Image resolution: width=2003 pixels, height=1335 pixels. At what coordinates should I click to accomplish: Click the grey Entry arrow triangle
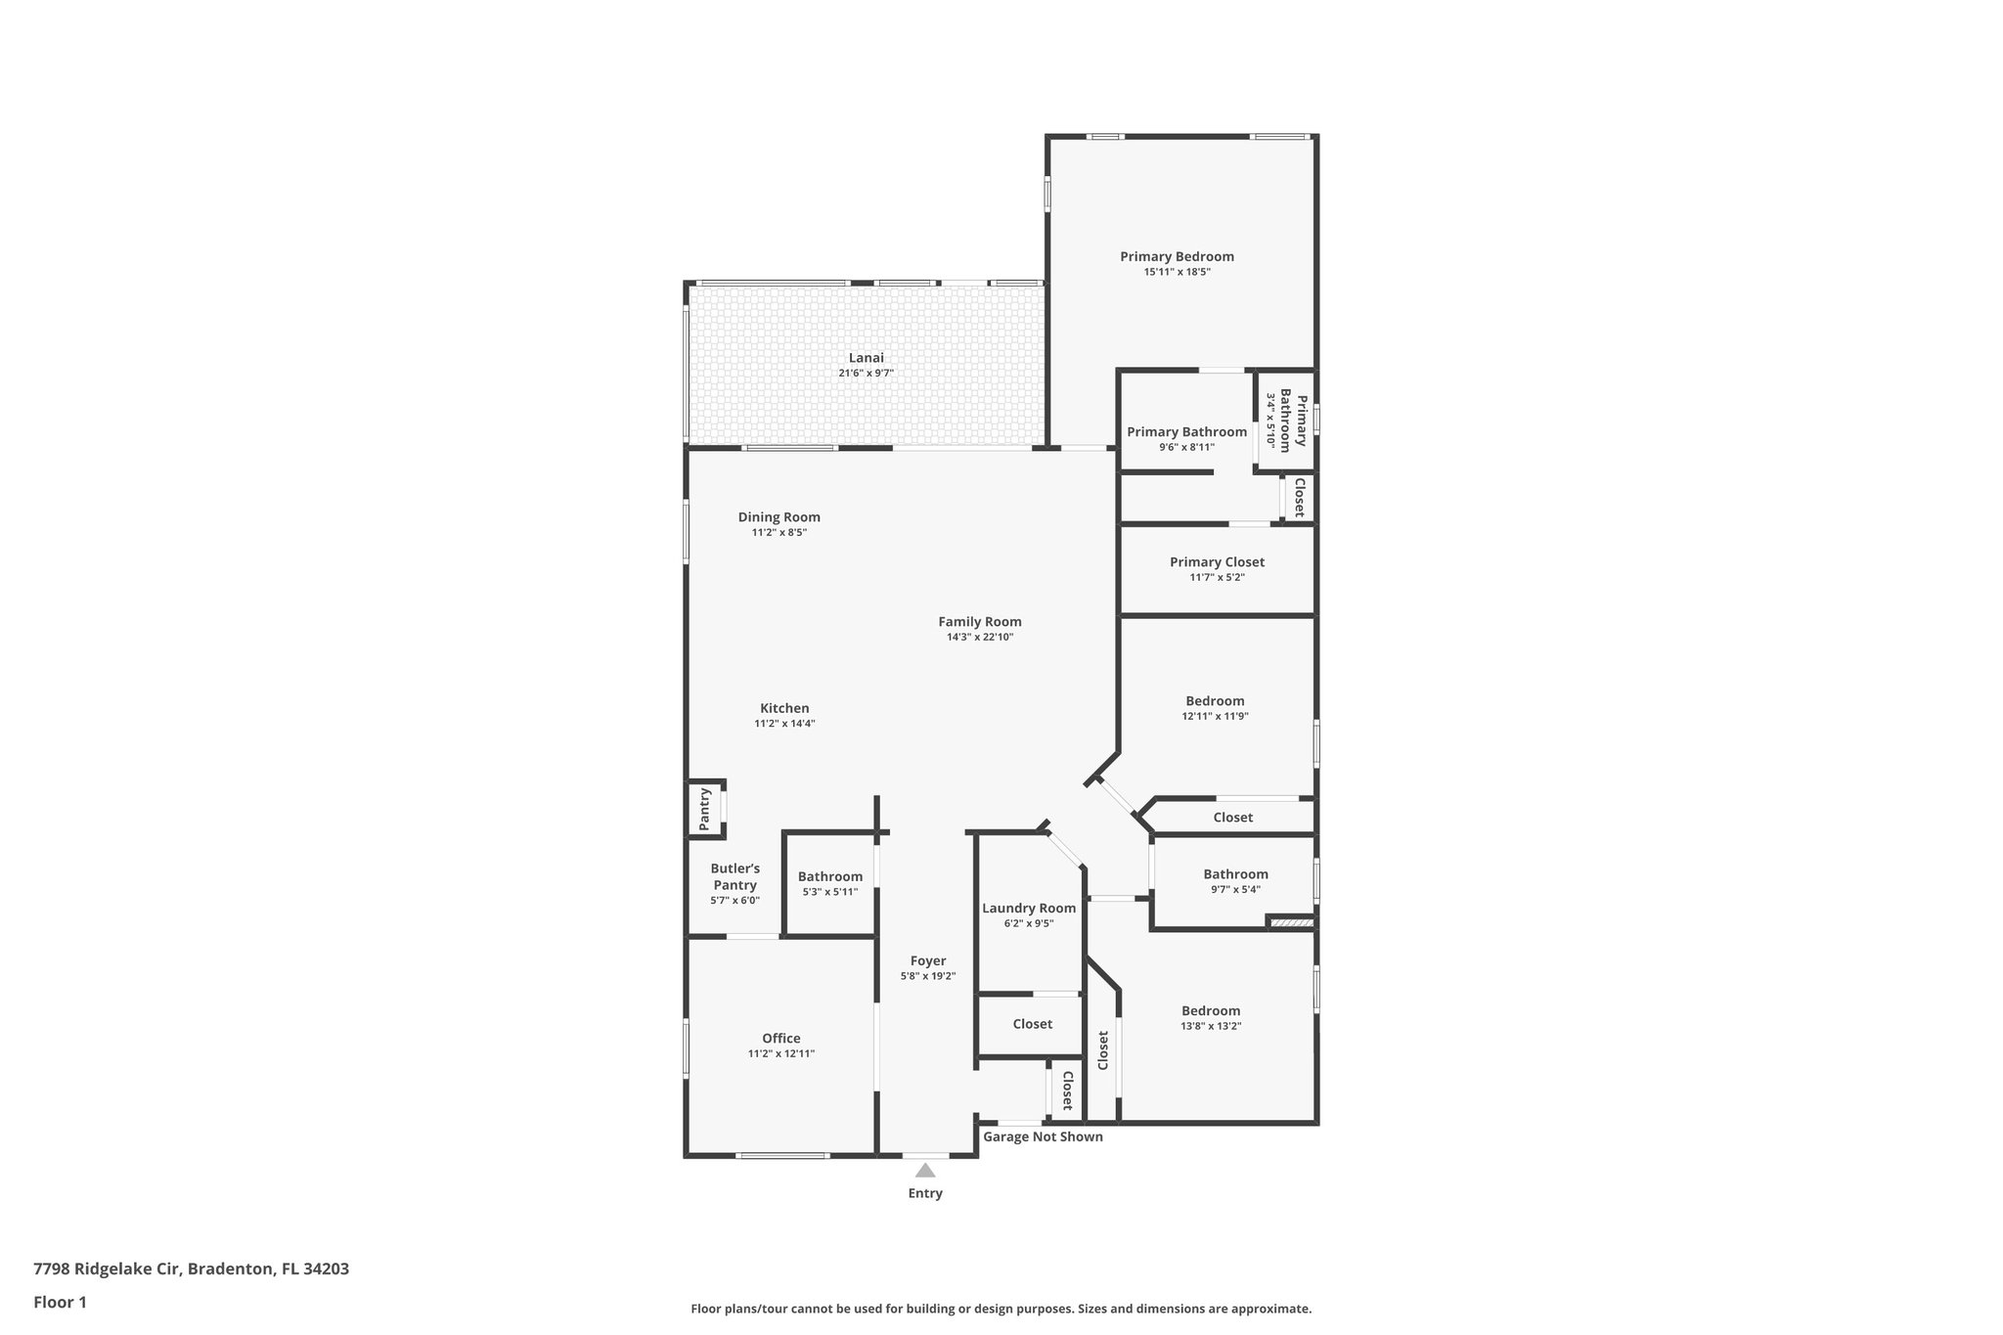pyautogui.click(x=925, y=1170)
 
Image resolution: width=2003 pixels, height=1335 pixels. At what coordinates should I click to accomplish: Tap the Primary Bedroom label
pyautogui.click(x=1177, y=256)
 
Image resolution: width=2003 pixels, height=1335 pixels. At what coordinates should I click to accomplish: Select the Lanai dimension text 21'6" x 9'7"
pyautogui.click(x=866, y=374)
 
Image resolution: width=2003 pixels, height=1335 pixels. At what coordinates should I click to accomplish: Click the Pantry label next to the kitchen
pyautogui.click(x=704, y=809)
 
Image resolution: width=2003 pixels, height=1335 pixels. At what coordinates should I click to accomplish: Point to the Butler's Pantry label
pyautogui.click(x=734, y=876)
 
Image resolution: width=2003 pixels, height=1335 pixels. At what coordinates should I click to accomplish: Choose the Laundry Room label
pyautogui.click(x=1029, y=908)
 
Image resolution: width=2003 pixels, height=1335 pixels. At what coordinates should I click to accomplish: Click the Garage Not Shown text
pyautogui.click(x=1043, y=1136)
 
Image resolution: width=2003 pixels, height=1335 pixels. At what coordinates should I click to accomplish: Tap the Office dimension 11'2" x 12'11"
pyautogui.click(x=780, y=1054)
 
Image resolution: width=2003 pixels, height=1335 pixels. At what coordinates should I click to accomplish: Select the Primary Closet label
pyautogui.click(x=1217, y=561)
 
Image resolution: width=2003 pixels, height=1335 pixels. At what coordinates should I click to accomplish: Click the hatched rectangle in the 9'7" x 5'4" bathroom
pyautogui.click(x=1291, y=921)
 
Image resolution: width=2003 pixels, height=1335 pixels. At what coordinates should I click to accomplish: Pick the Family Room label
pyautogui.click(x=979, y=621)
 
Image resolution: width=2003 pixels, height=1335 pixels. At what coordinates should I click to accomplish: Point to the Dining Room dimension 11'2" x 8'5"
pyautogui.click(x=779, y=533)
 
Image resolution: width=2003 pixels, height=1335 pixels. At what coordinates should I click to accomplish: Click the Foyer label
pyautogui.click(x=927, y=960)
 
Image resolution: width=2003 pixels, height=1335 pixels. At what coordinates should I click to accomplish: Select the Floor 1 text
pyautogui.click(x=60, y=1302)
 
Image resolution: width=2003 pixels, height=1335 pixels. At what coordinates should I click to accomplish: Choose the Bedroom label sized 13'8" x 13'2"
pyautogui.click(x=1210, y=1010)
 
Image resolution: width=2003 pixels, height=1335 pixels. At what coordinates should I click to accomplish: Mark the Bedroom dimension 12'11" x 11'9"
pyautogui.click(x=1215, y=716)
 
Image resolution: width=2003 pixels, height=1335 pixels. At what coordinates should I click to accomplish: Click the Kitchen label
pyautogui.click(x=784, y=708)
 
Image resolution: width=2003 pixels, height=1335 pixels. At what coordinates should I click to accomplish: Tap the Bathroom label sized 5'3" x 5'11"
pyautogui.click(x=829, y=876)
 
